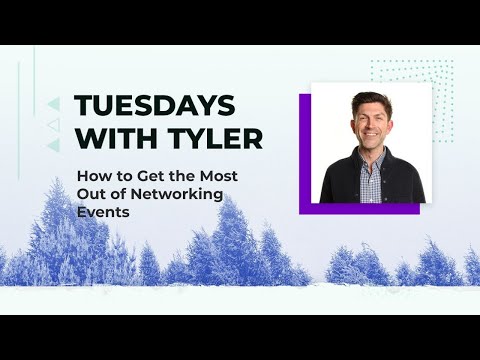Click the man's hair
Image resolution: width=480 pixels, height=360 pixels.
pos(371,102)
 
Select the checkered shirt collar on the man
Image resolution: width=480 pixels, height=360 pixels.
pos(372,166)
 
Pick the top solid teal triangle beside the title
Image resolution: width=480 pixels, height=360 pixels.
pos(54,103)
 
